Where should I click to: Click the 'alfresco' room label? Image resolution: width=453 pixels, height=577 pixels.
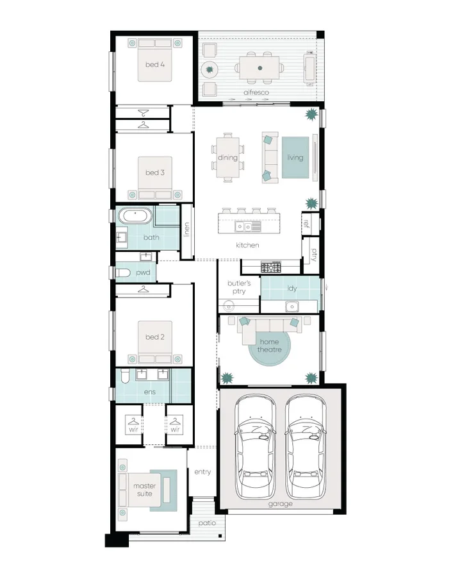pyautogui.click(x=256, y=93)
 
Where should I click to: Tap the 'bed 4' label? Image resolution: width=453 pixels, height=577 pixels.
pyautogui.click(x=154, y=64)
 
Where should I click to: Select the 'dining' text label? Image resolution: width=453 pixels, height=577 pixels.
pyautogui.click(x=227, y=158)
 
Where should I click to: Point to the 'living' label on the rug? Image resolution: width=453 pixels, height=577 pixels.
pyautogui.click(x=295, y=158)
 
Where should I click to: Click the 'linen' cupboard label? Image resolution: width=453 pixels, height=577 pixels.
pyautogui.click(x=187, y=230)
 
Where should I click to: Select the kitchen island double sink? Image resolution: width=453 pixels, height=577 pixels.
pyautogui.click(x=243, y=226)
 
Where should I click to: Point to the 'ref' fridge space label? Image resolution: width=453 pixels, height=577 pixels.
pyautogui.click(x=306, y=224)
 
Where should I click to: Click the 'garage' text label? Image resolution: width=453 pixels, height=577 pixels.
pyautogui.click(x=280, y=504)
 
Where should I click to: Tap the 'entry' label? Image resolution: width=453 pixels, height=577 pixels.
pyautogui.click(x=202, y=472)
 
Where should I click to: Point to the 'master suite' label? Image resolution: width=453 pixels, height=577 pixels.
pyautogui.click(x=145, y=490)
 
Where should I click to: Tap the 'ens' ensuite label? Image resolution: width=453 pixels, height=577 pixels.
pyautogui.click(x=149, y=392)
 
